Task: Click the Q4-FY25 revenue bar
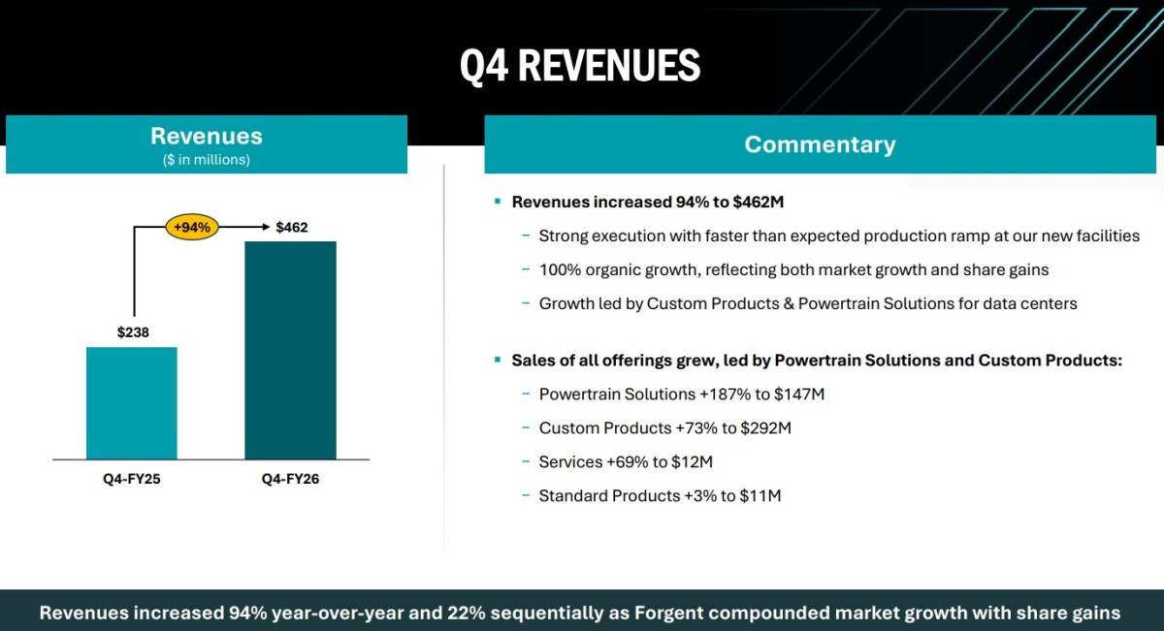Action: pos(132,403)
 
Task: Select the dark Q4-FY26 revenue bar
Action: pos(290,350)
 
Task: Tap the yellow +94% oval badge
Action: pos(192,227)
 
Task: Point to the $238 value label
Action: pos(133,332)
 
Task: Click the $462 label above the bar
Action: pos(292,228)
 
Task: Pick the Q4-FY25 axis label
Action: pos(132,479)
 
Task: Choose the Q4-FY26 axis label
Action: pos(290,479)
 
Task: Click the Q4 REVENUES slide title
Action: pos(580,66)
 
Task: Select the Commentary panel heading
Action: pos(820,144)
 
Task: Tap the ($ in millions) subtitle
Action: pos(207,159)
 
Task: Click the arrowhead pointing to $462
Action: pos(266,227)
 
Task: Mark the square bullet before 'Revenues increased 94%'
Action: pos(498,201)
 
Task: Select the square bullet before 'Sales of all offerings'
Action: pos(498,360)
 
